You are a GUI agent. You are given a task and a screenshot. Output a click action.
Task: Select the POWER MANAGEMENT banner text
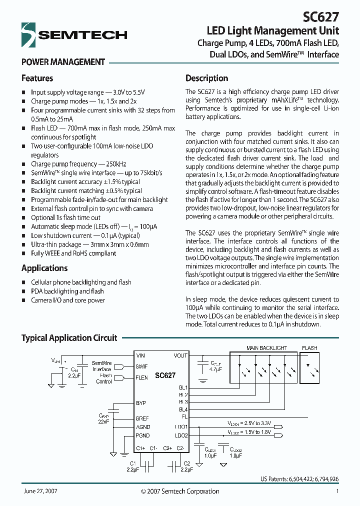tap(63, 62)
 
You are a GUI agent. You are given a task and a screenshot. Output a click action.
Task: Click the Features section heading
tap(37, 78)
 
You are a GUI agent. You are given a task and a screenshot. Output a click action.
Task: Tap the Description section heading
tap(206, 78)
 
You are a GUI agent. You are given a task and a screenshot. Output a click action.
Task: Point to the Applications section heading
tap(44, 268)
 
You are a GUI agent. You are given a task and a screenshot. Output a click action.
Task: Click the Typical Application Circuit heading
tap(69, 338)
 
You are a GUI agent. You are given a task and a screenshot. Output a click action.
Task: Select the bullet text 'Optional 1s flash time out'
tap(65, 217)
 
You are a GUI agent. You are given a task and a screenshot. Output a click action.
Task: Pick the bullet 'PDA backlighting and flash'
tap(67, 291)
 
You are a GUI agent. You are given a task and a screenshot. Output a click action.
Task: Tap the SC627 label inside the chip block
tap(164, 375)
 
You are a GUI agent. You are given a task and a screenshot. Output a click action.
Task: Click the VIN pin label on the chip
tap(140, 355)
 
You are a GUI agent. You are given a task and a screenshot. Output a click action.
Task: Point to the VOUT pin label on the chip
tap(180, 355)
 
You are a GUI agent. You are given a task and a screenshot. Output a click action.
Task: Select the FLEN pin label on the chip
tap(141, 377)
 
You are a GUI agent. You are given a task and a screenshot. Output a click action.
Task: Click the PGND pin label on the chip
tap(142, 435)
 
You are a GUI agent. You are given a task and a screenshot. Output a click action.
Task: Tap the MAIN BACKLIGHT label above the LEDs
tap(266, 348)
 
